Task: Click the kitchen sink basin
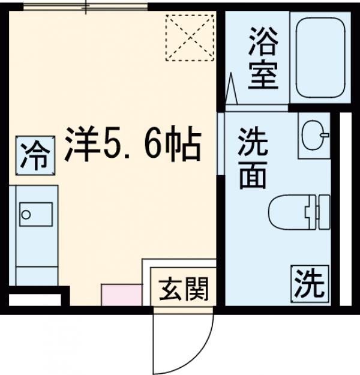[x=27, y=213]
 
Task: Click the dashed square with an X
[x=189, y=37]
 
